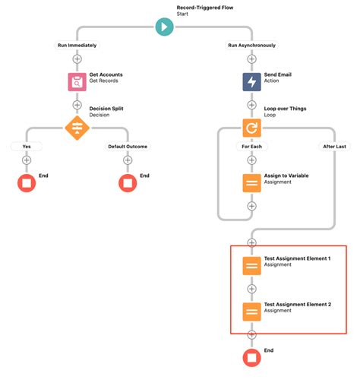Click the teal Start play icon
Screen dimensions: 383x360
[164, 27]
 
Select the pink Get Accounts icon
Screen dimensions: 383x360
[77, 81]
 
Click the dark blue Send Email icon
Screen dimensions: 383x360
[251, 81]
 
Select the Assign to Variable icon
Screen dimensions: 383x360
[251, 182]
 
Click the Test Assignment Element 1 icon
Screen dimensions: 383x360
[251, 266]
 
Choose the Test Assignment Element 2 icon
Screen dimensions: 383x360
[251, 312]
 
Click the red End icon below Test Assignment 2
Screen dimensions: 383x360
[251, 358]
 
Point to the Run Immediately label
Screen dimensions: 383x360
[77, 46]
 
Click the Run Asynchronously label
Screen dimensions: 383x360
[251, 46]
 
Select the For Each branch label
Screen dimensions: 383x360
[251, 146]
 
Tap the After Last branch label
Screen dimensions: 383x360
[335, 146]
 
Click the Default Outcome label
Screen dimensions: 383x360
[128, 146]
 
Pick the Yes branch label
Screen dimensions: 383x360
[27, 146]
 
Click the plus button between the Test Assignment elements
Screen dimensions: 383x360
[251, 289]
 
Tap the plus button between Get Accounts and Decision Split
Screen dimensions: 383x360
[77, 104]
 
